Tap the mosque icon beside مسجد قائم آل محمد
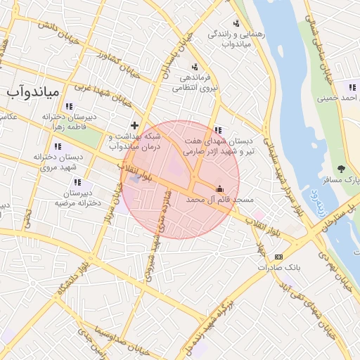click(x=219, y=188)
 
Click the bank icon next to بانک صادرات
click(x=279, y=257)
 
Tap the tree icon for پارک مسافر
click(x=341, y=168)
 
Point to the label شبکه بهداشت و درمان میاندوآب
click(x=135, y=141)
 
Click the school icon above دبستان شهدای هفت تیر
click(x=218, y=130)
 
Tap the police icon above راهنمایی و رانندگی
click(x=236, y=22)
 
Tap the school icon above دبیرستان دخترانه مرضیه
click(x=77, y=182)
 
